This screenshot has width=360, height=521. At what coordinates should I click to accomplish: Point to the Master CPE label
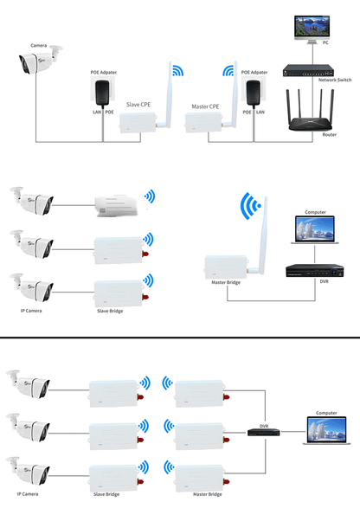205,106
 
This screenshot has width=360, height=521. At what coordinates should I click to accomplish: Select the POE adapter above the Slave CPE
102,88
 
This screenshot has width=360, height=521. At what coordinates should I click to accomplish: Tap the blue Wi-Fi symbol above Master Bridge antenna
250,207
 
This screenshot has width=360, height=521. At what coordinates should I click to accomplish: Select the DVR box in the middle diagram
307,270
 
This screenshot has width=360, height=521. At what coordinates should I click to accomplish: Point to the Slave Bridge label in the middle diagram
110,310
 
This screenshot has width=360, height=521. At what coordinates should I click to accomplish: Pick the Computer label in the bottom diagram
326,413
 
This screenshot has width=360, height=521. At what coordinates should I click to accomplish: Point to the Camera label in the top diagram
39,45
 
